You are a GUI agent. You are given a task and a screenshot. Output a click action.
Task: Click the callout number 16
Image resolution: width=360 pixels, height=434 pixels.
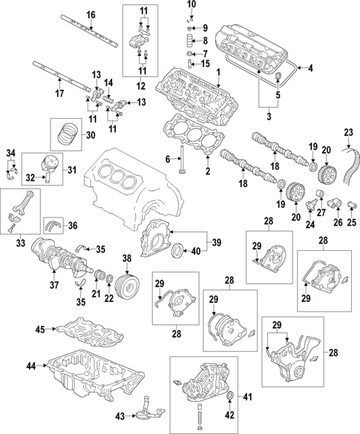91,15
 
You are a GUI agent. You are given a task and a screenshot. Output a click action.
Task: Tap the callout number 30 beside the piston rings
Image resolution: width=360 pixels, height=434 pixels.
91,135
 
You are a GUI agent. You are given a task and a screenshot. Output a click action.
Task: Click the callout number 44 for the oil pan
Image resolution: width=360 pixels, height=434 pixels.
30,366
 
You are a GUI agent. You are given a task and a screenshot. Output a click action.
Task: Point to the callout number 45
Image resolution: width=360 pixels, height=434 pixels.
41,328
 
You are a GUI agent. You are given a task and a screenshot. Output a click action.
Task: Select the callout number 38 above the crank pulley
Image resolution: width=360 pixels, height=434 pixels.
126,259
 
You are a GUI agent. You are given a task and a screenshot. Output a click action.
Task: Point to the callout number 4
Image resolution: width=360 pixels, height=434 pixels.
310,69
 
